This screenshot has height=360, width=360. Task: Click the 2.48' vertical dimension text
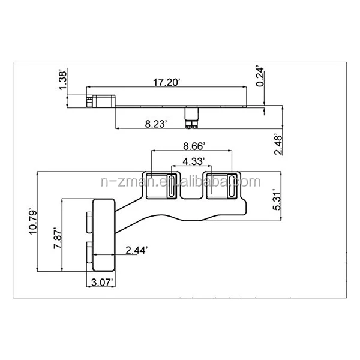[x=278, y=144]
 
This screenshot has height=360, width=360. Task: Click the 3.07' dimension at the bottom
[x=101, y=281]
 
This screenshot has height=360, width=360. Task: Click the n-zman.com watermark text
[x=180, y=182]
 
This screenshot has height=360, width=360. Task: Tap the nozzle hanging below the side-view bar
[x=192, y=118]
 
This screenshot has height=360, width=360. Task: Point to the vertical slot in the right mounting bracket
[x=230, y=187]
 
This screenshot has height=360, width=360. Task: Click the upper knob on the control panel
[x=89, y=221]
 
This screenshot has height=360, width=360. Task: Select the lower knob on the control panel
[x=89, y=252]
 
